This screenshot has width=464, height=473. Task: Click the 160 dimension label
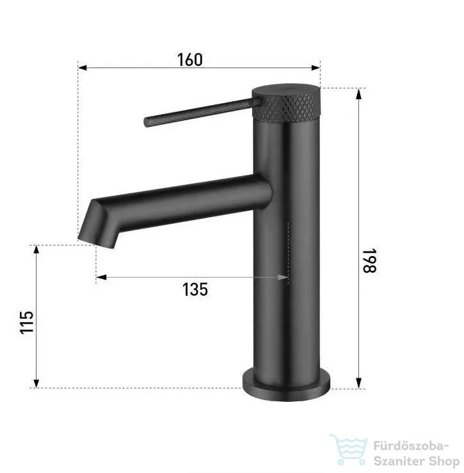click(190, 60)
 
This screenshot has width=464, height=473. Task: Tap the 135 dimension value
click(195, 289)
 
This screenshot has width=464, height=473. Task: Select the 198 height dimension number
click(369, 261)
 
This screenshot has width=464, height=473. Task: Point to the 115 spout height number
click(26, 322)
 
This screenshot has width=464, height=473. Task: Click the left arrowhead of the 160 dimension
click(83, 68)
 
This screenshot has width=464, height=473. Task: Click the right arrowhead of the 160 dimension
click(316, 68)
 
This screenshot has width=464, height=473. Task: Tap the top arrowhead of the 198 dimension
click(358, 94)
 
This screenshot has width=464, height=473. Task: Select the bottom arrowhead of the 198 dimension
click(358, 383)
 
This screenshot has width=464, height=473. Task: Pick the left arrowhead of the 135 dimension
click(101, 277)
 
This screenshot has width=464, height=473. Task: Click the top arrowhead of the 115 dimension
click(36, 251)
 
